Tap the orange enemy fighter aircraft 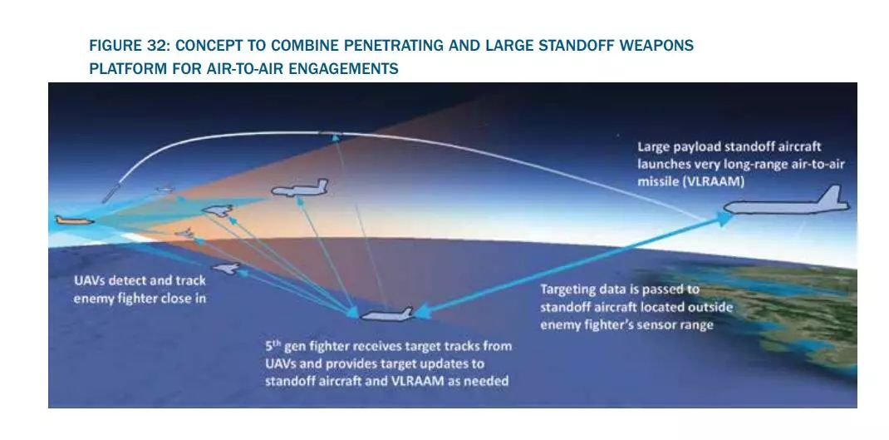tap(74, 220)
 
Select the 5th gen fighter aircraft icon tap(387, 314)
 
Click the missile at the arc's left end tap(111, 192)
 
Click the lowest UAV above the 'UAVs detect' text tap(226, 268)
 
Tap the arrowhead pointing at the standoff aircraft tap(724, 219)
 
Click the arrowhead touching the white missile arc tap(336, 137)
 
